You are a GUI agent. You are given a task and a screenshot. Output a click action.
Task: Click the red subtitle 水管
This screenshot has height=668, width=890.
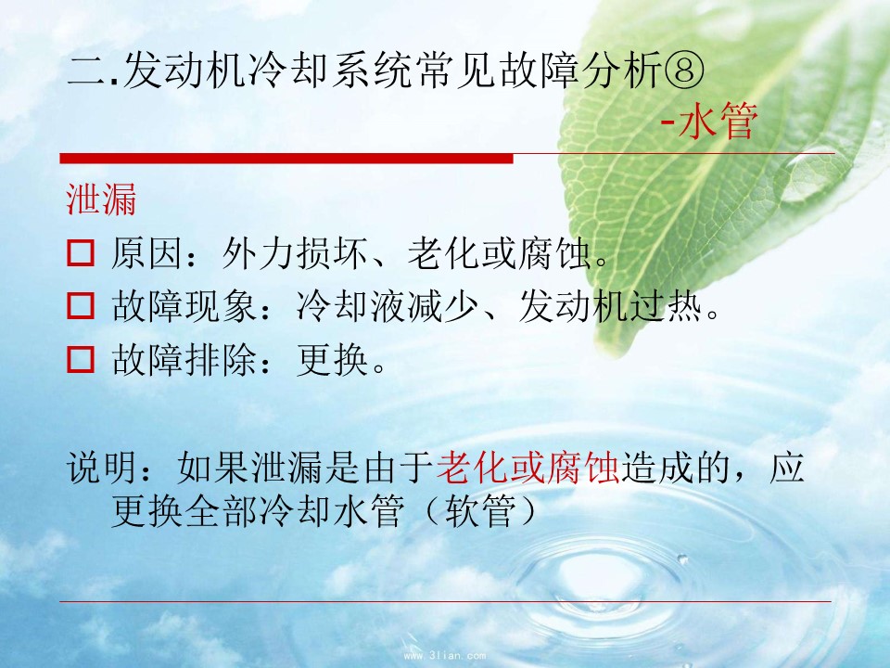(x=718, y=122)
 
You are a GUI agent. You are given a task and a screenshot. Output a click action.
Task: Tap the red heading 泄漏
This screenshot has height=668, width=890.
(x=102, y=199)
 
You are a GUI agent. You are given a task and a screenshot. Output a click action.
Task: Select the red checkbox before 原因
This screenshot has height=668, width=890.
(x=81, y=252)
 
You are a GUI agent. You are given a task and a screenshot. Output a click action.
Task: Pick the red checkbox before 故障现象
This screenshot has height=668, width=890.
(x=81, y=305)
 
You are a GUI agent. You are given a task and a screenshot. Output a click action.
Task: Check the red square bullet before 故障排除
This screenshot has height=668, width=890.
(x=81, y=359)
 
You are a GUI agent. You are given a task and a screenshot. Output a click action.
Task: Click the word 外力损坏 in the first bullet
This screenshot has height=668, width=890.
(x=295, y=252)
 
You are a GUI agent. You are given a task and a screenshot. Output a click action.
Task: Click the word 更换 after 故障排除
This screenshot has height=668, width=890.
(x=333, y=360)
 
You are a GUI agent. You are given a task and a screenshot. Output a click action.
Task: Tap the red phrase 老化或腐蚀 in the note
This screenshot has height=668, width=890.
(x=528, y=468)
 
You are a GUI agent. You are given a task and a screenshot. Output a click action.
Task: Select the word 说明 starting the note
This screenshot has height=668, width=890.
(x=102, y=468)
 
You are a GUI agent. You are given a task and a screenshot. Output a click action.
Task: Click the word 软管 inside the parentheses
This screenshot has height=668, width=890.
(x=480, y=511)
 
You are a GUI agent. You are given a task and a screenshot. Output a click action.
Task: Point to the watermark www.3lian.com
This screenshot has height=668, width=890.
(x=444, y=656)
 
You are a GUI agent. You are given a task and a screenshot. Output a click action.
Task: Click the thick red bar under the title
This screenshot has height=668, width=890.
(x=286, y=158)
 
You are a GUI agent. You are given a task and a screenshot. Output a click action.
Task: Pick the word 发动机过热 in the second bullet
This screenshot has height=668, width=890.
(x=610, y=306)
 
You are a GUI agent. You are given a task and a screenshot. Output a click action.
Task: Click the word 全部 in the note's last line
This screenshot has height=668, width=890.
(x=222, y=511)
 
